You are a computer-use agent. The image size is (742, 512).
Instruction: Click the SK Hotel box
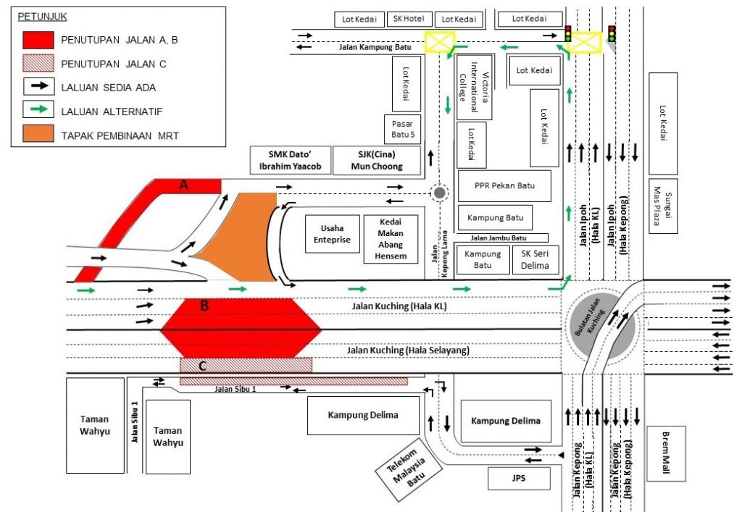coord(409,19)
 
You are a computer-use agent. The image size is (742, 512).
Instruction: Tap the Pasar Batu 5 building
coord(402,129)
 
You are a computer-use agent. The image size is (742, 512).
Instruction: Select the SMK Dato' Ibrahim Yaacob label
coord(290,160)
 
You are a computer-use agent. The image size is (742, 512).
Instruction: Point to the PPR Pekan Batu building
coord(504,186)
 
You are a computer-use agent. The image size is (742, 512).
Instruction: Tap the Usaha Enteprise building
coord(332,234)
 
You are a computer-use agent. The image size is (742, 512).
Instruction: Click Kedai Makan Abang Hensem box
coord(391,238)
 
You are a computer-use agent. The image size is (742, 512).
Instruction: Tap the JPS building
coord(518,479)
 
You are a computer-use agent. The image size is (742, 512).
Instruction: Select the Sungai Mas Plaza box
coord(663,206)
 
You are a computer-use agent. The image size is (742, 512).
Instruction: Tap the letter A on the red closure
coord(184,185)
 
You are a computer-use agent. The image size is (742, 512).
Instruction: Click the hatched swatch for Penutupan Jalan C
coord(37,64)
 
